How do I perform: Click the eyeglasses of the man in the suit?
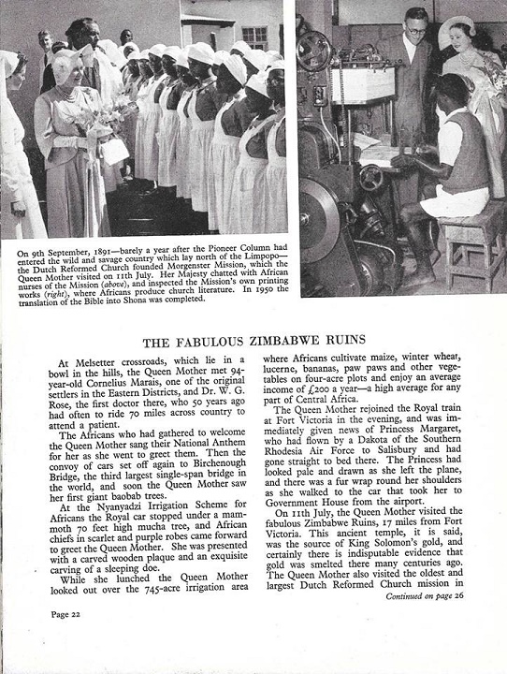[x=414, y=27]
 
